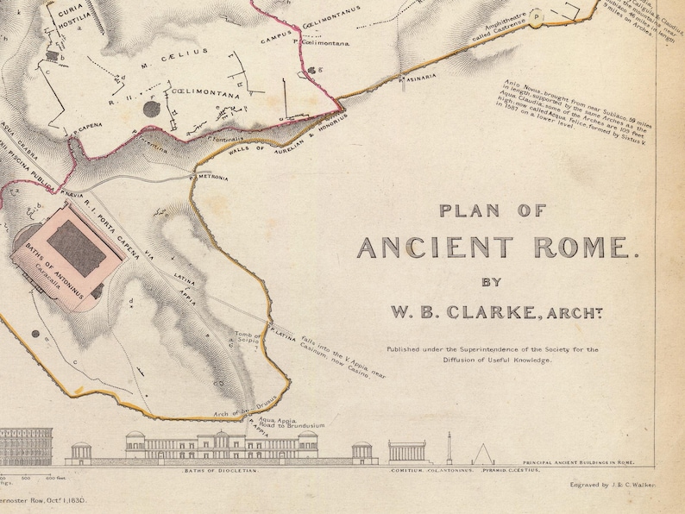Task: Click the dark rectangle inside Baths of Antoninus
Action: (x=75, y=244)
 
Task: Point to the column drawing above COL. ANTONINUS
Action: (x=448, y=447)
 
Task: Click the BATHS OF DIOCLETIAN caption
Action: (x=219, y=472)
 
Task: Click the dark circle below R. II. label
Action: (x=152, y=109)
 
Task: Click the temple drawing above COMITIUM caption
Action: (x=407, y=451)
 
